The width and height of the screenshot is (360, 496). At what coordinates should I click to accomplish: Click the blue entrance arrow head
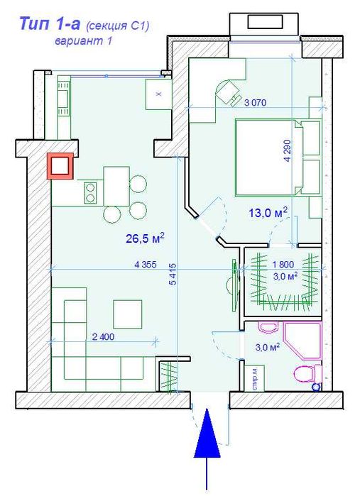(207, 434)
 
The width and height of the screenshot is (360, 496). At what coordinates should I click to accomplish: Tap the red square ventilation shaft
(60, 166)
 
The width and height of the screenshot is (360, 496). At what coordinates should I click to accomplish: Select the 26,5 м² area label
(146, 238)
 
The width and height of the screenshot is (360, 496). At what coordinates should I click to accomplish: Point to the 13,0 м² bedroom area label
(268, 212)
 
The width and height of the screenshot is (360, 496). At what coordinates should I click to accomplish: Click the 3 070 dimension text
(255, 102)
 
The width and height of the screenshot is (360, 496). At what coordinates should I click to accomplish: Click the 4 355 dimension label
(146, 265)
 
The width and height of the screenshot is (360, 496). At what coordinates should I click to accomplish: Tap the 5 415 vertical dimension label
(173, 274)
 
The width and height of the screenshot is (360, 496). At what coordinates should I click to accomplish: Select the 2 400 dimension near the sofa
(103, 337)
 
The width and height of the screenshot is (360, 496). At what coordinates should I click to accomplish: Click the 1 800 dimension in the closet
(283, 264)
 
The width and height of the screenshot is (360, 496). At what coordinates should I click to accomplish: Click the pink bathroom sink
(268, 327)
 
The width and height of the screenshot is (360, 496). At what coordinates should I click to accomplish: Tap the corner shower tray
(302, 341)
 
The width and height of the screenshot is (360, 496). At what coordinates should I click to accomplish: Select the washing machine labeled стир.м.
(255, 378)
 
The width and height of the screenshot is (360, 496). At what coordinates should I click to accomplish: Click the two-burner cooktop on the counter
(90, 193)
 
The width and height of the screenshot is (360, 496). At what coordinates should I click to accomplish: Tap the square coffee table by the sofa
(128, 314)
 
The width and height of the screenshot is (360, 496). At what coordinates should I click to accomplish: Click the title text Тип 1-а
(50, 23)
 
